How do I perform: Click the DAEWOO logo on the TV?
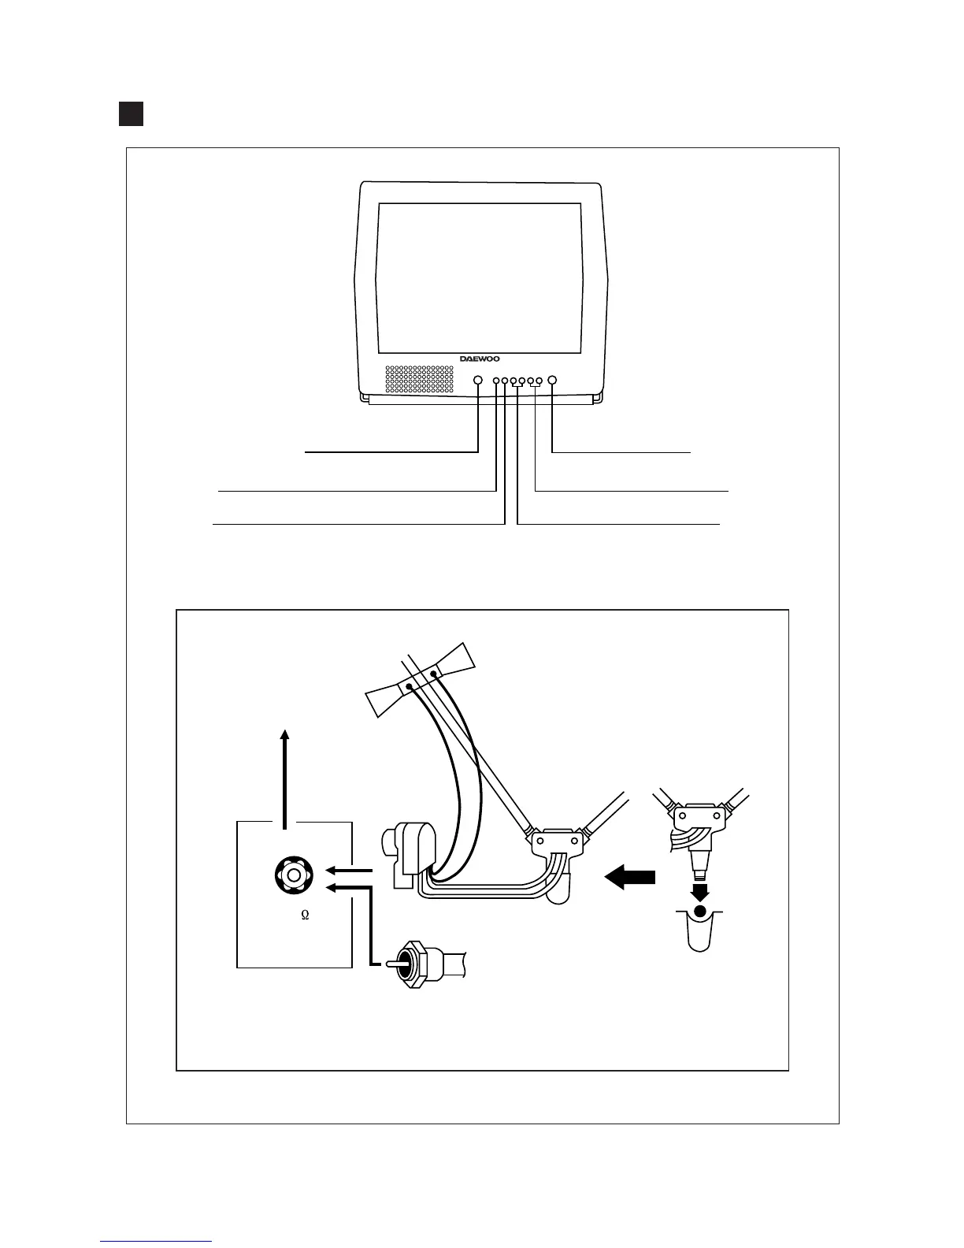click(x=480, y=358)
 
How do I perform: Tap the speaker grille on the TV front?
click(x=419, y=379)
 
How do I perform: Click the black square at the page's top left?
click(x=131, y=113)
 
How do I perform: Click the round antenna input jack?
click(x=293, y=875)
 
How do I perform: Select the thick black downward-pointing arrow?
click(x=699, y=891)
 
